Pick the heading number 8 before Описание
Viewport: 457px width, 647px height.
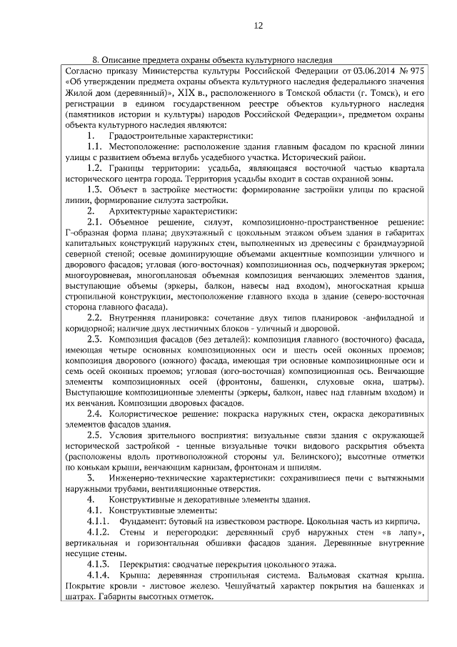95,60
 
